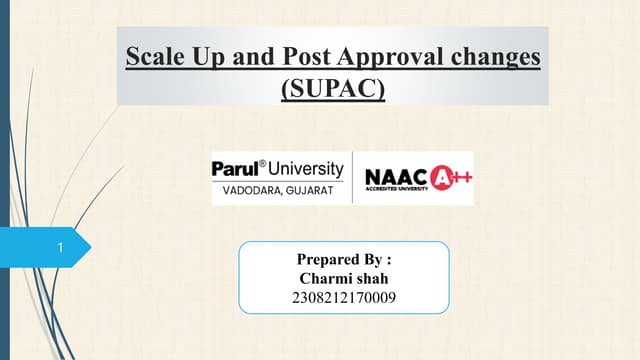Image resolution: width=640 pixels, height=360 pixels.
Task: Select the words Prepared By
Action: pos(344,258)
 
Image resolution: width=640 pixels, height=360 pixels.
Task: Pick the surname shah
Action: pos(372,277)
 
